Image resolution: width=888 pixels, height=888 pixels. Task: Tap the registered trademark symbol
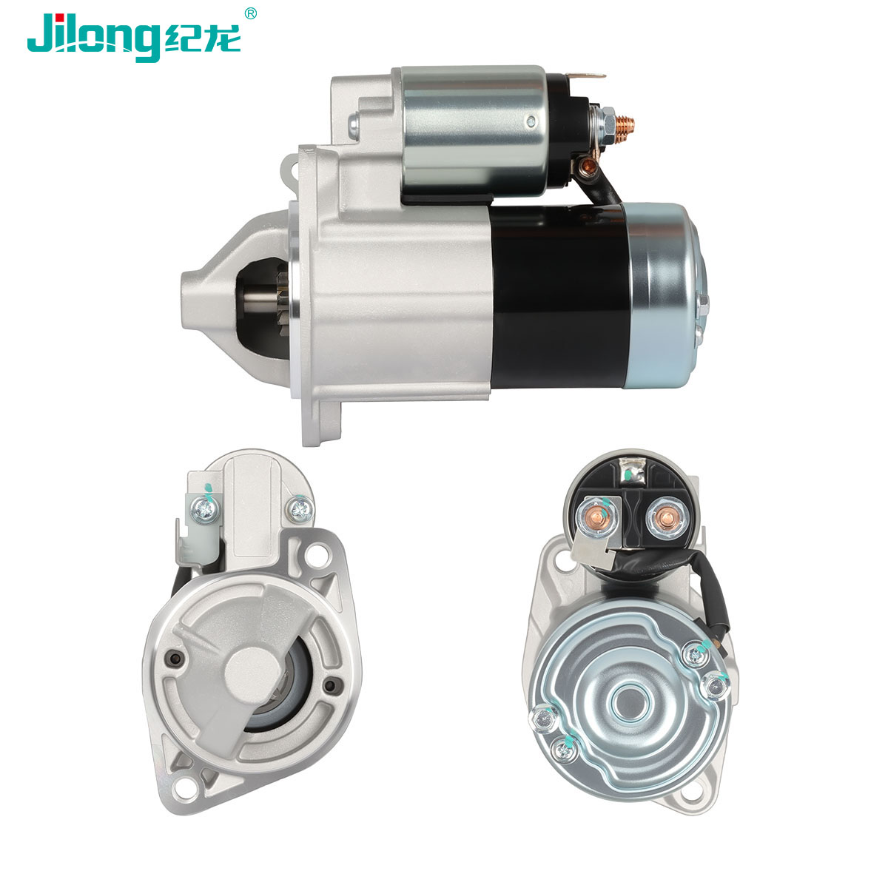(250, 13)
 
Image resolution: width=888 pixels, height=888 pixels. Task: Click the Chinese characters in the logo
(202, 40)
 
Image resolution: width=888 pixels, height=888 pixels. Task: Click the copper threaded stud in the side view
(625, 123)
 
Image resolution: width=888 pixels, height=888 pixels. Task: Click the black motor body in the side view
(559, 297)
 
